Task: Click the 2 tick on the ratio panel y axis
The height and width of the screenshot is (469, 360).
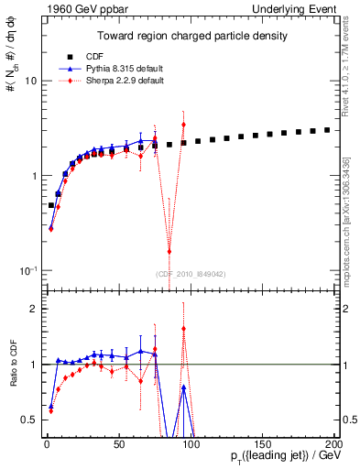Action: point(32,309)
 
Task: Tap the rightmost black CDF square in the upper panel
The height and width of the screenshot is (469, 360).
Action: point(327,130)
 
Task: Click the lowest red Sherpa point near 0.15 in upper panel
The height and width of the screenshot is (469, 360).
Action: point(169,252)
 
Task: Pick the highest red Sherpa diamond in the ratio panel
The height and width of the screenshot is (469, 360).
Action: point(184,329)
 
